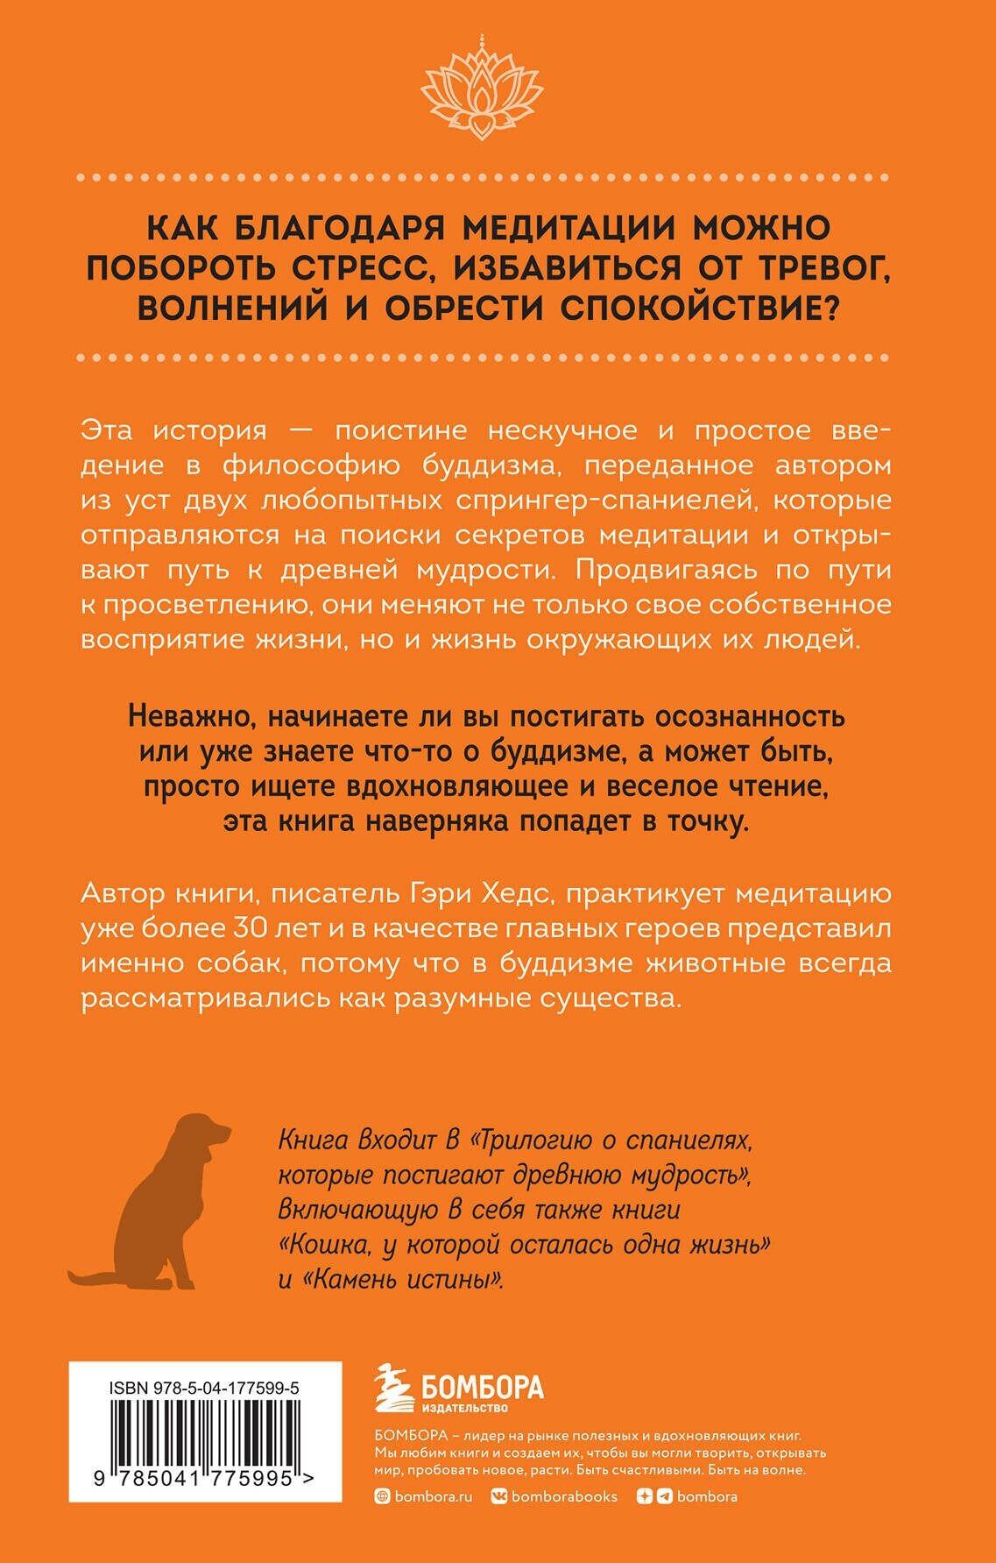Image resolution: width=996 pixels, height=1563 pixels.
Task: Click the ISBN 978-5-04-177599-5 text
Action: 205,1388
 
